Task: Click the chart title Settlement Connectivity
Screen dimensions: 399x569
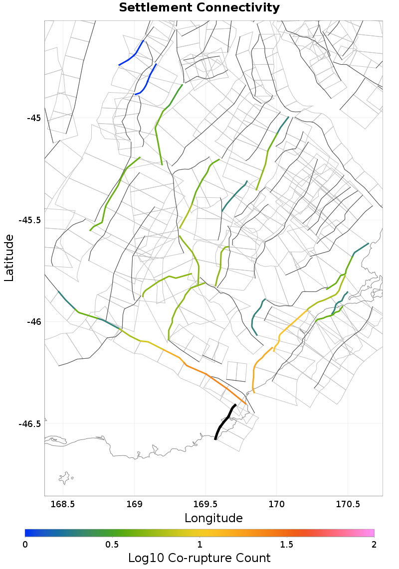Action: coord(199,8)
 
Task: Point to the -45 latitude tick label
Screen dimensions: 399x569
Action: coord(33,118)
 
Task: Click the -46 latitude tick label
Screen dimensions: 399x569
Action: coord(33,322)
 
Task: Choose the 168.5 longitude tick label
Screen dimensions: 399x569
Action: coord(63,504)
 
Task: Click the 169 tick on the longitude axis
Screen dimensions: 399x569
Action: coord(134,504)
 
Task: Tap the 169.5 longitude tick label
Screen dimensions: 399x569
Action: coord(205,504)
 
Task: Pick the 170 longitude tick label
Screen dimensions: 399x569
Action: coord(276,504)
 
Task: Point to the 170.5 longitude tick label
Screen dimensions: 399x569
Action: coord(347,504)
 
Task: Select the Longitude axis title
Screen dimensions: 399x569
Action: coord(213,518)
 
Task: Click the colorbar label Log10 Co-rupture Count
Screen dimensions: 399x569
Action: coord(199,558)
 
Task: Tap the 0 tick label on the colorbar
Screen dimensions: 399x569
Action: coord(25,544)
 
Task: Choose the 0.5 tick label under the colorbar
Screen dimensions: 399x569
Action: coord(112,544)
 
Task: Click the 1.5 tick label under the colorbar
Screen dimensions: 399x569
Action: coord(287,544)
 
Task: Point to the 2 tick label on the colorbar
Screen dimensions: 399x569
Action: coord(374,544)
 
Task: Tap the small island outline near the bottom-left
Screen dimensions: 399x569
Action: coord(65,479)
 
